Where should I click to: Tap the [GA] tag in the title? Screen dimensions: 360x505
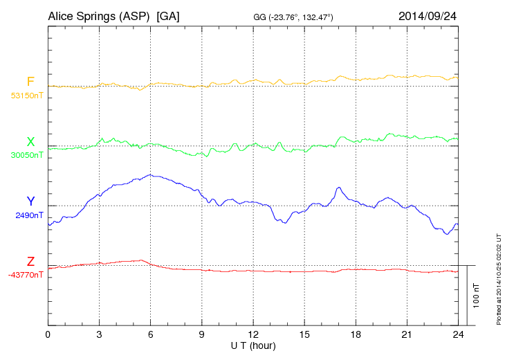coord(168,15)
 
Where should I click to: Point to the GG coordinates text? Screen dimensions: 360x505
coord(294,17)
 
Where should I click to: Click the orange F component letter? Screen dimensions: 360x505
coord(30,82)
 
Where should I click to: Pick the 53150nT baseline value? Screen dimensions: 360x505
coord(26,96)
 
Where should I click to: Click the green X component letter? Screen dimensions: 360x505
coord(30,142)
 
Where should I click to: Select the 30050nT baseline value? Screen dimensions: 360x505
coord(26,155)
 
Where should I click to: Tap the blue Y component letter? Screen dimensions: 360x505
coord(30,201)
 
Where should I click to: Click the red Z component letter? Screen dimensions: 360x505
coord(30,261)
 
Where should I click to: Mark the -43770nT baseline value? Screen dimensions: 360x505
coord(26,275)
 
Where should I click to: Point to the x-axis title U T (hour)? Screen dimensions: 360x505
coord(254,345)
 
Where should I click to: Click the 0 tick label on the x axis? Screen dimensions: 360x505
coord(48,334)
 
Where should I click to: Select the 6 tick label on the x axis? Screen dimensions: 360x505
coord(151,334)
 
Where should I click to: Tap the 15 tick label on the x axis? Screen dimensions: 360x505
coord(304,334)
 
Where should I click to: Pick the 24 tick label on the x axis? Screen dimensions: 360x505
coord(458,334)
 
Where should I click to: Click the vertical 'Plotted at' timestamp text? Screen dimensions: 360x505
coord(499,279)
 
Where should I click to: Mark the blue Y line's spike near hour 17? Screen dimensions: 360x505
coord(338,188)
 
